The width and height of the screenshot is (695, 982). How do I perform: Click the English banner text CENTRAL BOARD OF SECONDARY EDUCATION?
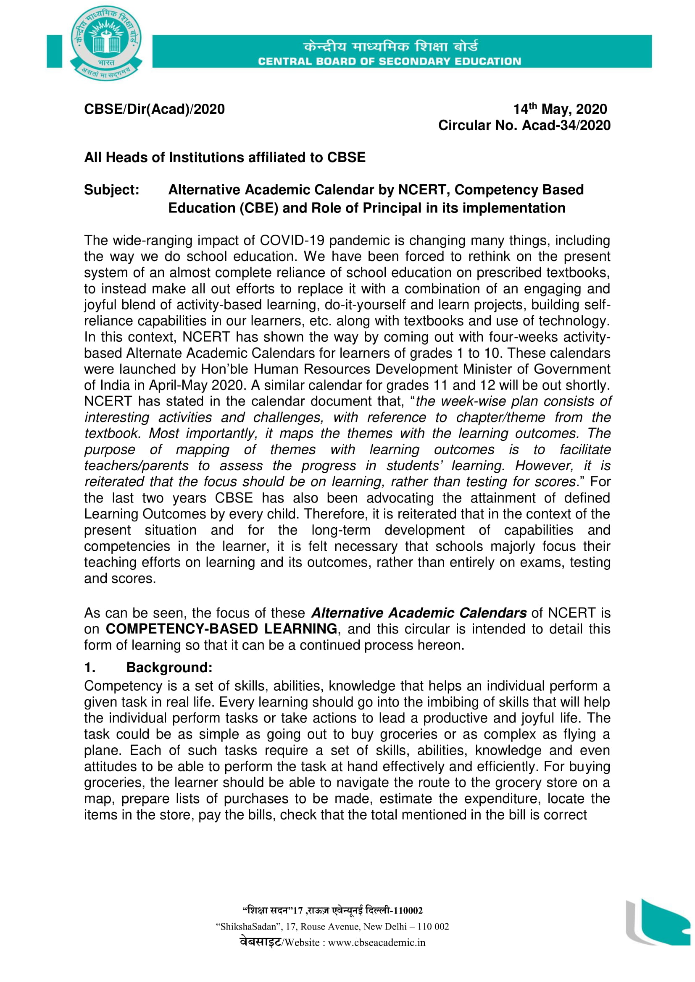[x=390, y=61]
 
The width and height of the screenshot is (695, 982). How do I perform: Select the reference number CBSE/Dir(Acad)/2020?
[x=154, y=109]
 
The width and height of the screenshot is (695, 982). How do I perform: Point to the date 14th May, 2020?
[x=560, y=109]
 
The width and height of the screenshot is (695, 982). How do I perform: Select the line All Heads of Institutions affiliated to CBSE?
[x=225, y=157]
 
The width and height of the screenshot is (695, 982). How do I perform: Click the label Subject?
[x=112, y=189]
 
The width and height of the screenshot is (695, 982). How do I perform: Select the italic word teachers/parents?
[x=137, y=465]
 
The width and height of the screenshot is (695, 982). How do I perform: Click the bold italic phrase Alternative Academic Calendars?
[x=419, y=613]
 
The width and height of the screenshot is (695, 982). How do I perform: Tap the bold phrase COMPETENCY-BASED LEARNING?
[x=221, y=629]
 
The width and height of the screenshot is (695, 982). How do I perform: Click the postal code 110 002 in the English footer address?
[x=433, y=927]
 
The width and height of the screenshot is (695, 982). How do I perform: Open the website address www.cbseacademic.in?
[x=376, y=943]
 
